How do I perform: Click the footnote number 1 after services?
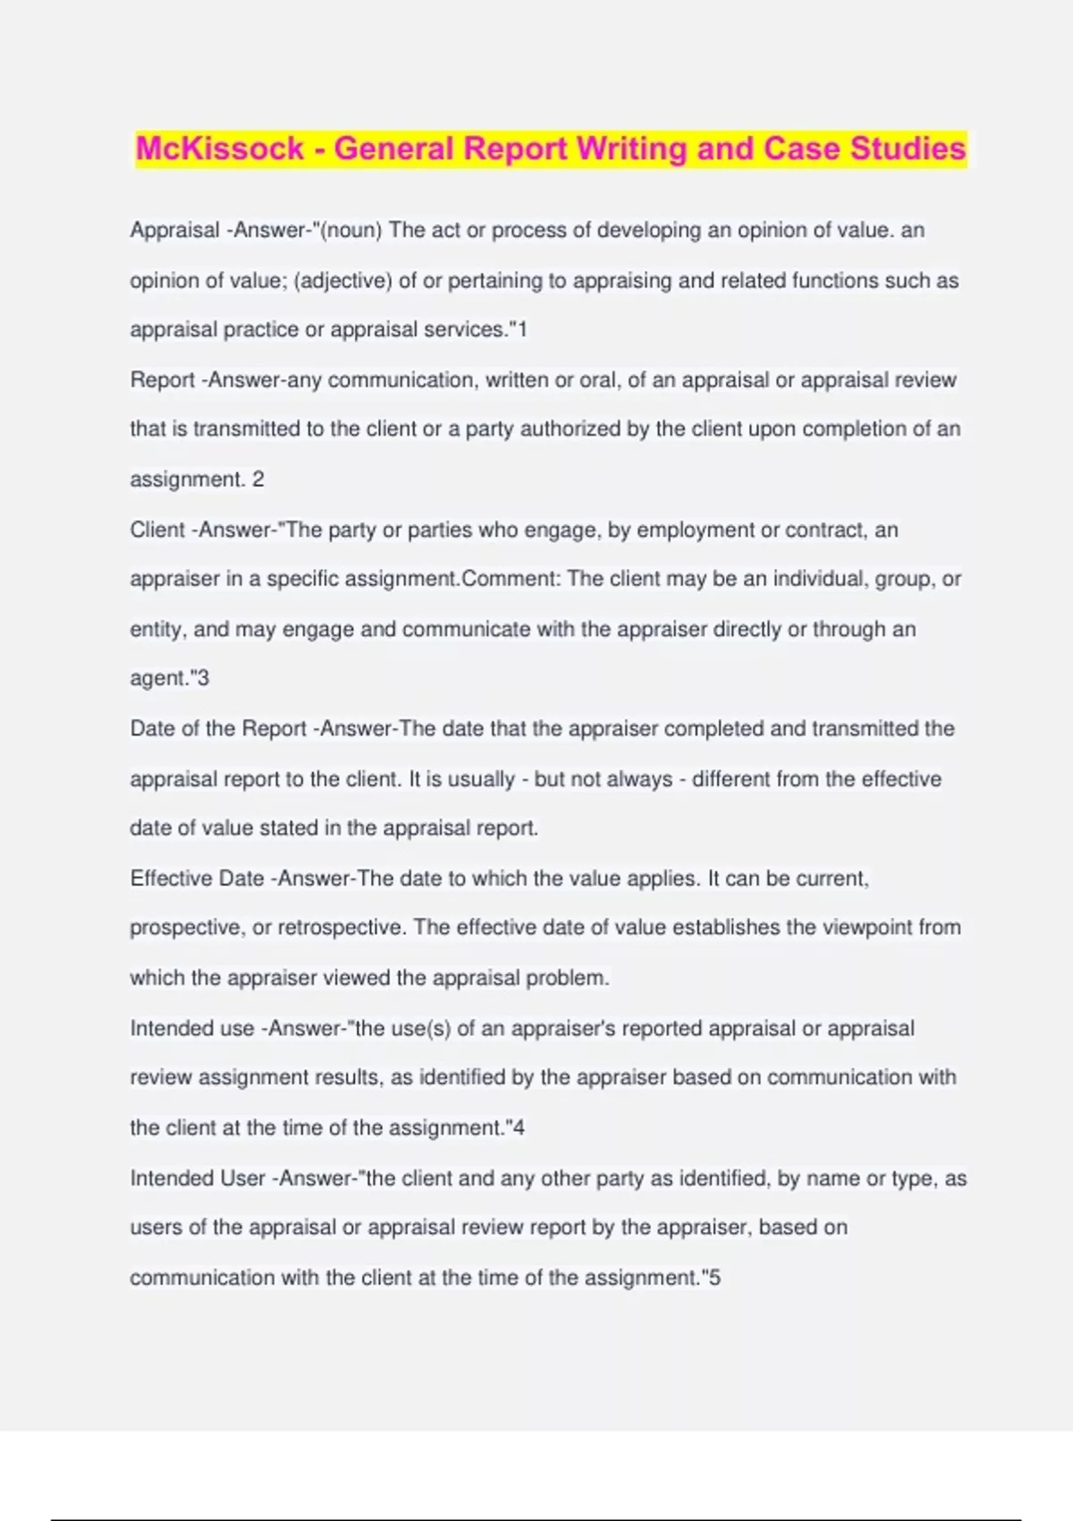[523, 330]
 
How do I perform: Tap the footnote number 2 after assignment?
[258, 480]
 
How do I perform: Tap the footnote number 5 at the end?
[714, 1278]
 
